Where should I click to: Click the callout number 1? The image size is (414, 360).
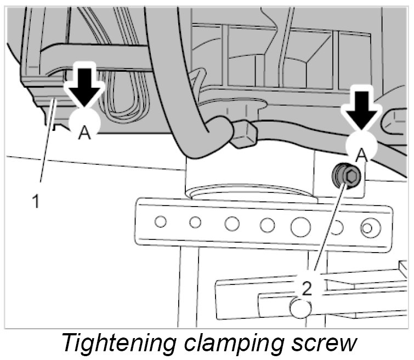click(36, 202)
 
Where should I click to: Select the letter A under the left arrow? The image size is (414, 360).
click(84, 133)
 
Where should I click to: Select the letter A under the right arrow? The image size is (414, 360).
click(361, 156)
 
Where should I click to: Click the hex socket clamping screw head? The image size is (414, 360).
click(348, 176)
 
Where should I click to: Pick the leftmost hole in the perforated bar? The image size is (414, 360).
click(160, 222)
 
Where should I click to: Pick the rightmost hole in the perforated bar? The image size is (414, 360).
click(368, 226)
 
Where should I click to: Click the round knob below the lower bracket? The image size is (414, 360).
click(301, 308)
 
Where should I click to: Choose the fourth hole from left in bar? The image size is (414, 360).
click(267, 225)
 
